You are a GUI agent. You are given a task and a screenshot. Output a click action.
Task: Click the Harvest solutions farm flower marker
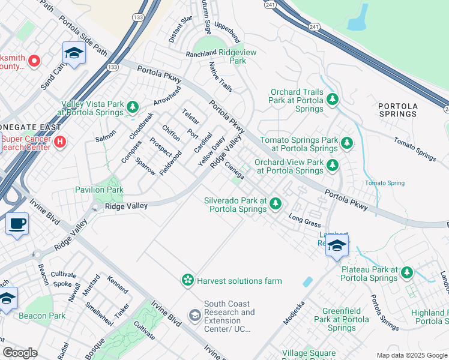(188, 280)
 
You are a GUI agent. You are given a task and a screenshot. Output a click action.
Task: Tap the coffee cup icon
(17, 224)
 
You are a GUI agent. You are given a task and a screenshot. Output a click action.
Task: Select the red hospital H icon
(60, 142)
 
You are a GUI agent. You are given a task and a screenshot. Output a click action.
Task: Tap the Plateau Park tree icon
(407, 273)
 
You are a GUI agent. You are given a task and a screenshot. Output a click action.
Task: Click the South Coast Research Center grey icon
(195, 315)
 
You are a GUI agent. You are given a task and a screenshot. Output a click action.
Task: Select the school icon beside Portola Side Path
(74, 53)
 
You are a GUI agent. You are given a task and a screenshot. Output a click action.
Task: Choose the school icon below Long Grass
(337, 245)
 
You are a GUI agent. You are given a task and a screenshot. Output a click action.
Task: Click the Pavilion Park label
(99, 190)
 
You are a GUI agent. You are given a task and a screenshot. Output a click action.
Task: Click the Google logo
(20, 353)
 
